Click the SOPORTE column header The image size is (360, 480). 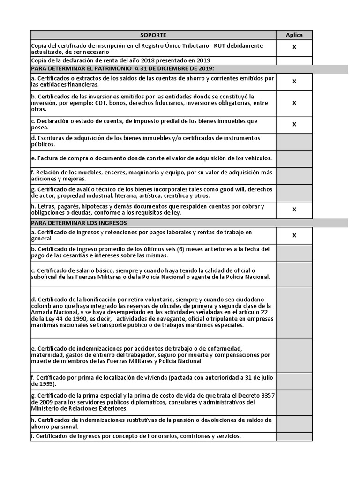point(153,35)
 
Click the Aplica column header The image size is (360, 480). point(294,35)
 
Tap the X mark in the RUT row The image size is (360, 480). point(294,47)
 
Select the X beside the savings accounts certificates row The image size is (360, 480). point(294,82)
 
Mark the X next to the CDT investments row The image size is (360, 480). point(294,103)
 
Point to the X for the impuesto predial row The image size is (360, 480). point(294,124)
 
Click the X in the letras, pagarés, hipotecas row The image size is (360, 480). point(294,210)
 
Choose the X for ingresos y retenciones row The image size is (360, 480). point(294,235)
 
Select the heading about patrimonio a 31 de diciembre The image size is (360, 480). point(122,69)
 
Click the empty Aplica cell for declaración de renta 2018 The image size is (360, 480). point(294,60)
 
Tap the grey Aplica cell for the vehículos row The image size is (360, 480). point(294,158)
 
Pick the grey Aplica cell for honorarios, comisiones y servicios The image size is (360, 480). point(294,436)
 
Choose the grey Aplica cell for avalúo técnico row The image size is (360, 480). point(294,192)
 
